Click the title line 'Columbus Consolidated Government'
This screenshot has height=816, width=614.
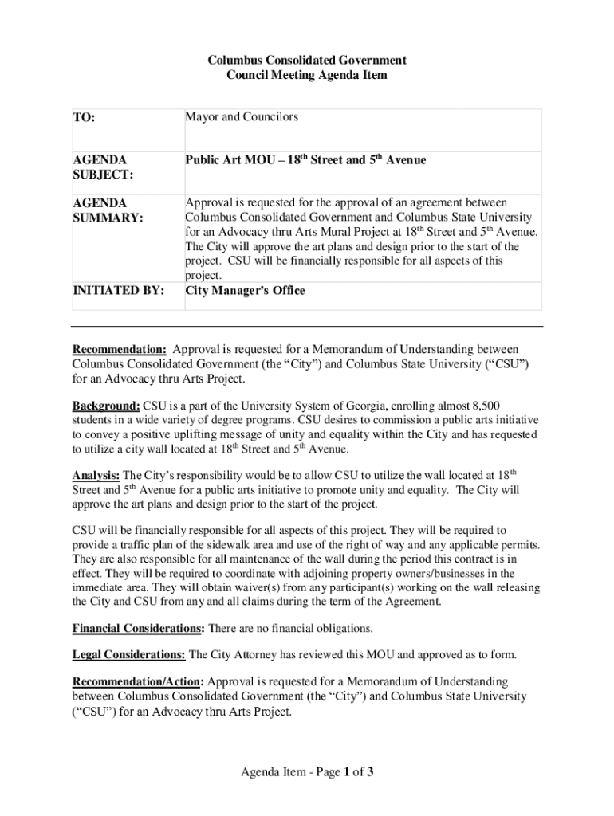click(307, 61)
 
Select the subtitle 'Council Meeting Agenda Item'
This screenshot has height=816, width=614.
click(307, 75)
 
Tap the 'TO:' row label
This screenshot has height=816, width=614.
click(84, 118)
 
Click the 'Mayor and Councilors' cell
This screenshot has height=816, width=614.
click(242, 117)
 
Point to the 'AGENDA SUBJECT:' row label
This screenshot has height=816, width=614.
click(103, 167)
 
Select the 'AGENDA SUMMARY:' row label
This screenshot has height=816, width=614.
click(108, 210)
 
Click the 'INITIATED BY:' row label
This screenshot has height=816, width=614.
click(118, 292)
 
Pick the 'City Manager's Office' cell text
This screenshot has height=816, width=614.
click(245, 291)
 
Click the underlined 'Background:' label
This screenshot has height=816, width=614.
click(106, 406)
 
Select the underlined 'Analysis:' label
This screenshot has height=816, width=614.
click(96, 477)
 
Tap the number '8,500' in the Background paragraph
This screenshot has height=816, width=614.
click(484, 406)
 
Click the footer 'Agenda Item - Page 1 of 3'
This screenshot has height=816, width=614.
click(307, 771)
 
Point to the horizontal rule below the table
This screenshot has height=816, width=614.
click(307, 326)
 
